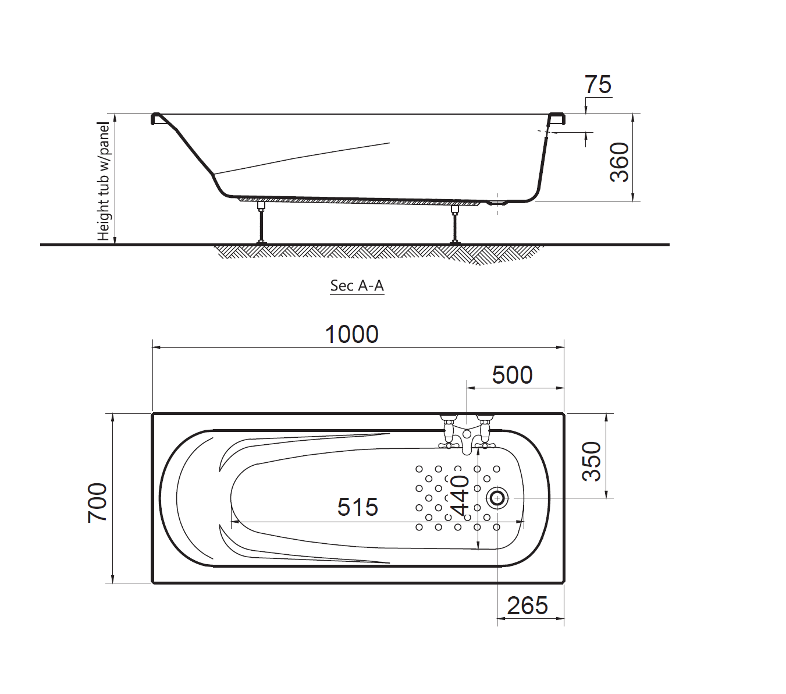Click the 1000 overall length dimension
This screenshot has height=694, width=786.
(x=351, y=334)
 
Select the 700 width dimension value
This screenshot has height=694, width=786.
(x=97, y=503)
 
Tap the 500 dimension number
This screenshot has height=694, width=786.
(x=512, y=375)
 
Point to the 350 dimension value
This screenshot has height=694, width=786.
(x=592, y=461)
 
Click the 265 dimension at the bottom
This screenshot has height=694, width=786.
(x=527, y=606)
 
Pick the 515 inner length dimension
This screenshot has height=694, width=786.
(x=357, y=507)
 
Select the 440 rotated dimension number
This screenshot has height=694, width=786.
(x=461, y=495)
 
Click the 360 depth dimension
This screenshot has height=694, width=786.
(x=619, y=162)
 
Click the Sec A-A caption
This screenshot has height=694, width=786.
(x=357, y=285)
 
